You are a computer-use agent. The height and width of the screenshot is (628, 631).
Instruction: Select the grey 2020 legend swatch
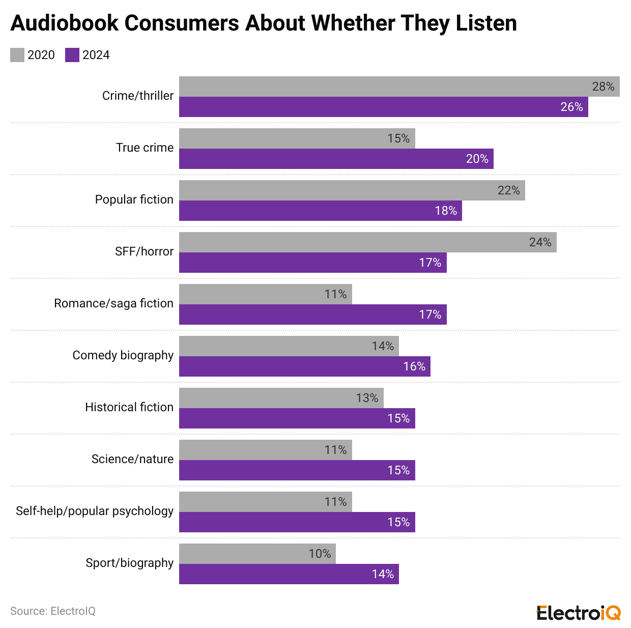pos(17,55)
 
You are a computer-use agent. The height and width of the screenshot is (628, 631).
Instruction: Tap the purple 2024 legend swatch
pos(72,55)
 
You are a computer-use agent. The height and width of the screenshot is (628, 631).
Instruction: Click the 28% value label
pos(603,87)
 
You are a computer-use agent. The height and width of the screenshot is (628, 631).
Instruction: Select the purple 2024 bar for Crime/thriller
pos(383,107)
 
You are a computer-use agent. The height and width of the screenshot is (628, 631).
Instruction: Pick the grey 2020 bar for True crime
pos(297,138)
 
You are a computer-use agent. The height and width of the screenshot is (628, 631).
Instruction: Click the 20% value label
pos(477,159)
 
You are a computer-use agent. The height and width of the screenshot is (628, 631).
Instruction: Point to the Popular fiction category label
pos(134,199)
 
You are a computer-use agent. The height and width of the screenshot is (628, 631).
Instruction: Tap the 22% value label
pos(508,190)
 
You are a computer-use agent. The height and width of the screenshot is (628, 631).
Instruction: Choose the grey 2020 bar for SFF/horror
pos(367,242)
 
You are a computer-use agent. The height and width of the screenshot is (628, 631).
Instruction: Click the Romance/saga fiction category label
pos(113,303)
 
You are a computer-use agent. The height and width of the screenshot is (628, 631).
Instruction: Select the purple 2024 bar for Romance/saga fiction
pos(312,315)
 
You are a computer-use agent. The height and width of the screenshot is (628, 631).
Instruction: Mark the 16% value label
pos(414,366)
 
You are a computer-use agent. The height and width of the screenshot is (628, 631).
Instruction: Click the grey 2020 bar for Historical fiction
pos(281,398)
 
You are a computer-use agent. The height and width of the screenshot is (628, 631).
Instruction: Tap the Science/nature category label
pos(132,459)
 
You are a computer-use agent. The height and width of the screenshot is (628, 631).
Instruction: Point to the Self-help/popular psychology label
pos(95,511)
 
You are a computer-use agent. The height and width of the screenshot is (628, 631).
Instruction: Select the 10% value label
pos(320,554)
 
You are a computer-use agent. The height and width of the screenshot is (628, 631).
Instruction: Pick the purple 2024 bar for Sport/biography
pos(289,574)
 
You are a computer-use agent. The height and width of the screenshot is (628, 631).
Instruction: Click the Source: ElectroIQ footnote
pos(53,611)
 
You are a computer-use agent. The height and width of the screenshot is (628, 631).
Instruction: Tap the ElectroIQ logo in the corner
pos(579,613)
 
